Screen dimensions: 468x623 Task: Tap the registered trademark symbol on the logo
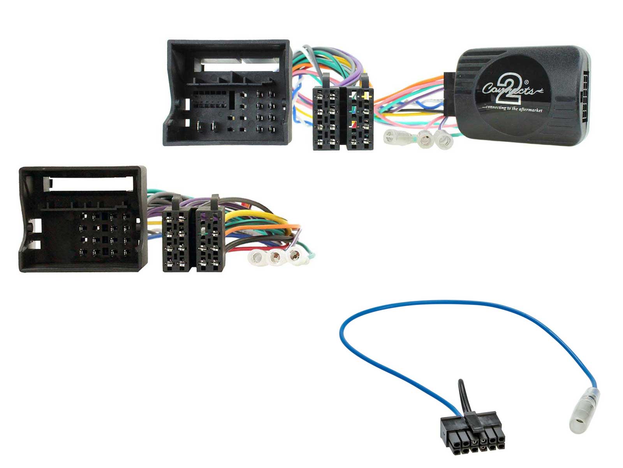tap(527, 82)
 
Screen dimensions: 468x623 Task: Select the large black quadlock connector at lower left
tap(83, 219)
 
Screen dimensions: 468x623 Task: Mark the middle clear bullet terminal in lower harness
tap(276, 257)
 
